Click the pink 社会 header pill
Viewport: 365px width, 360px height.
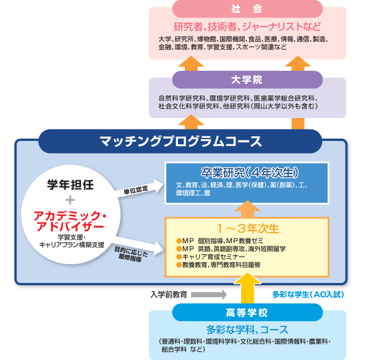click(247, 9)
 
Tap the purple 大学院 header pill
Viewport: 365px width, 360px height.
click(247, 79)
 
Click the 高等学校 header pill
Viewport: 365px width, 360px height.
click(247, 313)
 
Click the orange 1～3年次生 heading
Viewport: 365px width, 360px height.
click(246, 228)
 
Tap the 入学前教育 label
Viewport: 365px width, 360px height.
click(169, 295)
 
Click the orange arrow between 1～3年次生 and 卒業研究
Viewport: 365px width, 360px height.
click(247, 207)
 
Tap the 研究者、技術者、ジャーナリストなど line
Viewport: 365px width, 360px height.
click(247, 27)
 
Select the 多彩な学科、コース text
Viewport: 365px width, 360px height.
click(247, 329)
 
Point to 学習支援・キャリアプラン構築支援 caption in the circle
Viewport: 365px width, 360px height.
click(71, 240)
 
